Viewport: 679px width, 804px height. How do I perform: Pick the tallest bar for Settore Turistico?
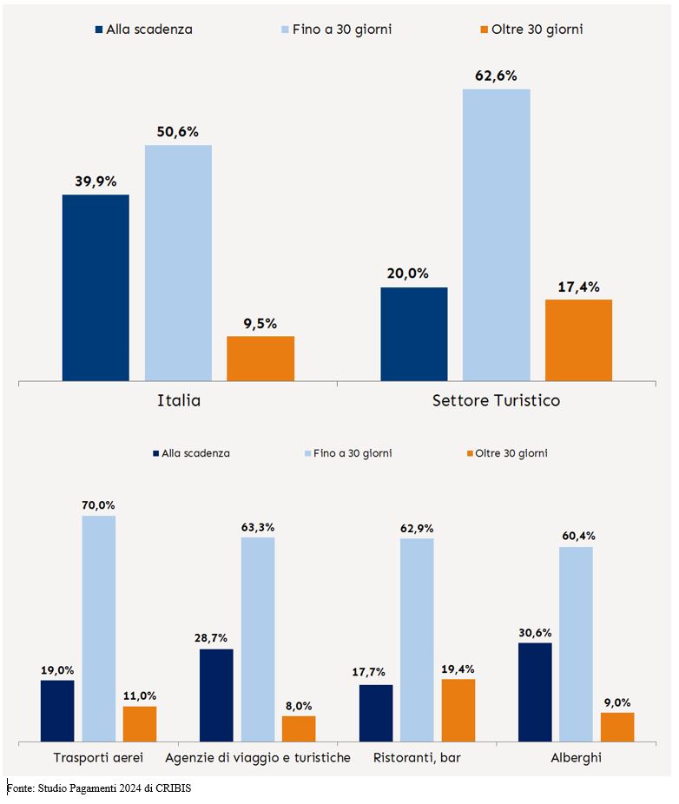click(x=496, y=234)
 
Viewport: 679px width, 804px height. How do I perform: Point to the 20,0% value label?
click(x=407, y=273)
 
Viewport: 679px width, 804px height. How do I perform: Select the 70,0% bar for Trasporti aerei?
click(x=99, y=629)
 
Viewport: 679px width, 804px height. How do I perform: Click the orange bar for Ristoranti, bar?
click(x=458, y=710)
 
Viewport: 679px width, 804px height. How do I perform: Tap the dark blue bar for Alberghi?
click(x=535, y=692)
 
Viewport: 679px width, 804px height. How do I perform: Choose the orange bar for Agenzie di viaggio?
click(x=299, y=728)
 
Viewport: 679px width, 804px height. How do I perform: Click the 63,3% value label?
click(x=258, y=526)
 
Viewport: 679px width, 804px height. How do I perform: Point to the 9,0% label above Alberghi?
click(x=616, y=702)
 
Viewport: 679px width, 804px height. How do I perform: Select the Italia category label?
click(x=179, y=401)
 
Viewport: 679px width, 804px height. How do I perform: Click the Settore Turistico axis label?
click(x=496, y=401)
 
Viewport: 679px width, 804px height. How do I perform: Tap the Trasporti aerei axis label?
click(x=98, y=758)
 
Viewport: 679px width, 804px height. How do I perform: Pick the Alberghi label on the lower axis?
click(x=576, y=758)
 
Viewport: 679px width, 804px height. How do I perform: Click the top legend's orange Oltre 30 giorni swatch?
click(x=485, y=30)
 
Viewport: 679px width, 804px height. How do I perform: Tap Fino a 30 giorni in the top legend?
click(x=335, y=30)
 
